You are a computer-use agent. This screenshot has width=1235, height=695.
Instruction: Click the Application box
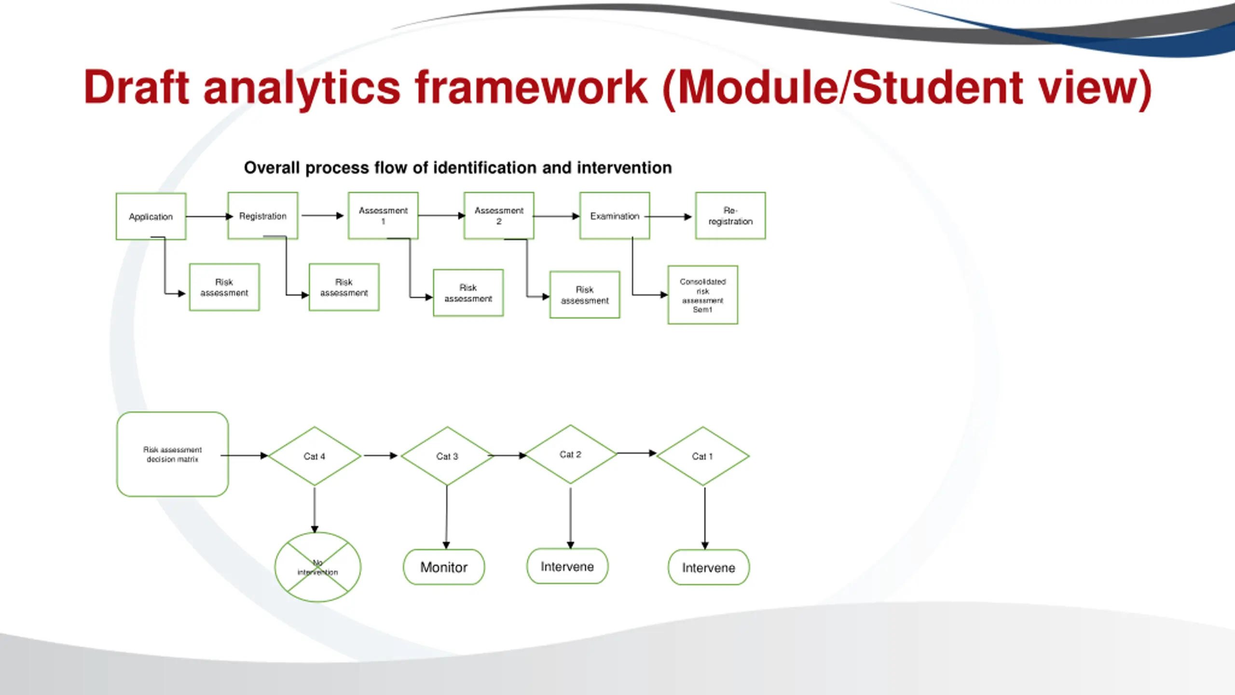coord(151,216)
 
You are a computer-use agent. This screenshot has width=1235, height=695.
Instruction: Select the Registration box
coord(263,215)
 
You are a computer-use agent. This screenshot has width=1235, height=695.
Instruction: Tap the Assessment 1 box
coord(383,215)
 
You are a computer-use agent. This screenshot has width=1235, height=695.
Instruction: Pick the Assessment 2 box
coord(499,215)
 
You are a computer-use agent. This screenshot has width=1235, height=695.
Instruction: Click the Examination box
coord(615,215)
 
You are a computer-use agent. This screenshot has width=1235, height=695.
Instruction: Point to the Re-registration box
coord(730,215)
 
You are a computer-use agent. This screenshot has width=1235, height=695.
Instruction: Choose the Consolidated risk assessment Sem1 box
coord(703,295)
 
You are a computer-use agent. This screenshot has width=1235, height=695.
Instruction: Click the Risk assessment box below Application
coord(224,287)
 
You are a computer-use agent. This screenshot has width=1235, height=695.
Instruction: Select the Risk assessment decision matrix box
coord(173,454)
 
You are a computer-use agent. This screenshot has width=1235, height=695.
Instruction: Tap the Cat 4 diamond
coord(315,456)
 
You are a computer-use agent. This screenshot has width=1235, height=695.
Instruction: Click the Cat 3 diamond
coord(447,456)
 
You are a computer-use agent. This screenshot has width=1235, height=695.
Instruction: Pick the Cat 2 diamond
coord(570,454)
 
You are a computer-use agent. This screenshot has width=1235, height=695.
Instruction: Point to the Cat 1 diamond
coord(703,456)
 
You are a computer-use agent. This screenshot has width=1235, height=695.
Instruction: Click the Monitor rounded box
coord(444,567)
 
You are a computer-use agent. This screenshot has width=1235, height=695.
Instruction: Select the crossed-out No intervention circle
coord(318,567)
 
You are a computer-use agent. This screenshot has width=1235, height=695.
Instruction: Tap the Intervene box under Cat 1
coord(709,568)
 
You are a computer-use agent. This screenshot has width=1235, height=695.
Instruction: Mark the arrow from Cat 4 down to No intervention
coord(315,510)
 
